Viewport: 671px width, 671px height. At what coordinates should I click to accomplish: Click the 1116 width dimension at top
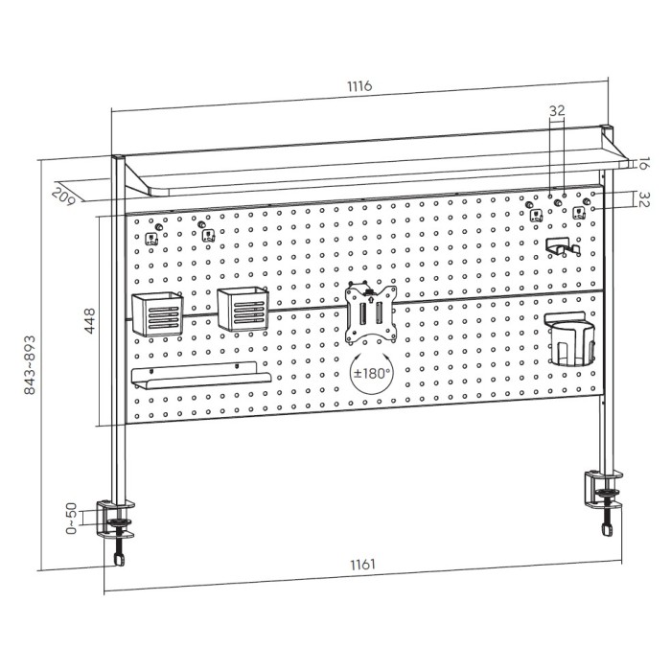click(359, 86)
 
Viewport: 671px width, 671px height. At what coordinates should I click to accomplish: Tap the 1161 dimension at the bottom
click(363, 565)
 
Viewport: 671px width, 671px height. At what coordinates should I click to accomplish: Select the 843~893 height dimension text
click(30, 365)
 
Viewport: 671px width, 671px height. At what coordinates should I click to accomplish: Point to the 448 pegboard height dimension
click(90, 320)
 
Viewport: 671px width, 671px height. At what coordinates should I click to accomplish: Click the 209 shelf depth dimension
click(63, 196)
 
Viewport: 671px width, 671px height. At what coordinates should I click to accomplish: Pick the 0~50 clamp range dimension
click(72, 519)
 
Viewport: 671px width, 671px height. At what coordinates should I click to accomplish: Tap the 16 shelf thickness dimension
click(642, 164)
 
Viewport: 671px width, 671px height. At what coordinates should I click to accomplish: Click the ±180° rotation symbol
click(372, 373)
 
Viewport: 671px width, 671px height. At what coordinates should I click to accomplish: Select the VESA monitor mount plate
click(371, 313)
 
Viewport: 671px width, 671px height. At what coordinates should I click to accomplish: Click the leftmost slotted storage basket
click(157, 313)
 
